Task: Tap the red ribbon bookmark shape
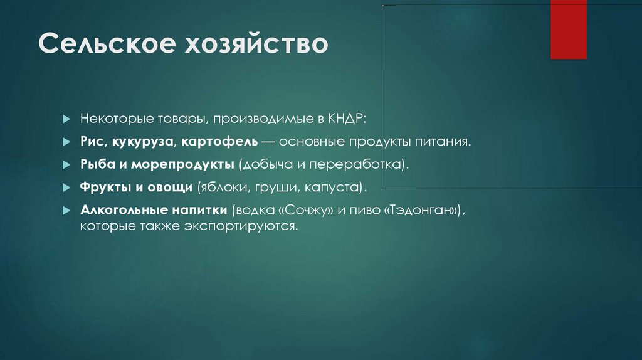coord(568,30)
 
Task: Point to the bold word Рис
coord(92,142)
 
